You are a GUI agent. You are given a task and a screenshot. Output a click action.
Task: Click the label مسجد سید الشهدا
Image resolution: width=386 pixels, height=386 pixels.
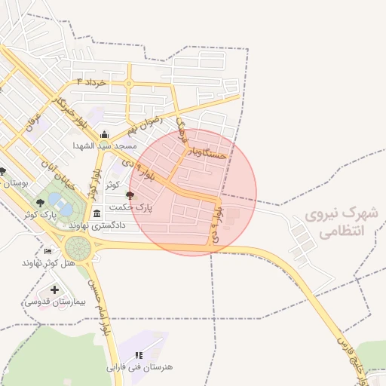pos(104,146)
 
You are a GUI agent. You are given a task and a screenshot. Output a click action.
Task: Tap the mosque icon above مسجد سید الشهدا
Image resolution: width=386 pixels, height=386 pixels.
pos(104,135)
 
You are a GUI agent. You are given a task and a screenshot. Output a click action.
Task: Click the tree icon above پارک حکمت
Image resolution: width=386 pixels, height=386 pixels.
pos(130,195)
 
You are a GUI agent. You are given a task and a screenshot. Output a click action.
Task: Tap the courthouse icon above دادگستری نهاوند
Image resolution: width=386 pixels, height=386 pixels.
pos(96,215)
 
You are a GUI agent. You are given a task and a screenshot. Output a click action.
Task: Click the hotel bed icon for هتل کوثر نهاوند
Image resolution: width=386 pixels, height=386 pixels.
pos(49,252)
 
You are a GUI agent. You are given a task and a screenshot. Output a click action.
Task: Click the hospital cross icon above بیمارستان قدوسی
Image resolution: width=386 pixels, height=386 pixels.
pos(54,289)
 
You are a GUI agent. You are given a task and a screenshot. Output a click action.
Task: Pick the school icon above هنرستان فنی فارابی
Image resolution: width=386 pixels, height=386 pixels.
pos(139,355)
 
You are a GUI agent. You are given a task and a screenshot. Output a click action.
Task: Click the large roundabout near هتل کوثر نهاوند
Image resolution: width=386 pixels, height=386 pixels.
pos(78,247)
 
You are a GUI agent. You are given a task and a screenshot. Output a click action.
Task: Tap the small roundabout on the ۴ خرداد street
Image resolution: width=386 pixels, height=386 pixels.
pos(130,82)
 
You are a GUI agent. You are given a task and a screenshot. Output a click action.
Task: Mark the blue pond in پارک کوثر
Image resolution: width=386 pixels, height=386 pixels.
pos(57,202)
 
